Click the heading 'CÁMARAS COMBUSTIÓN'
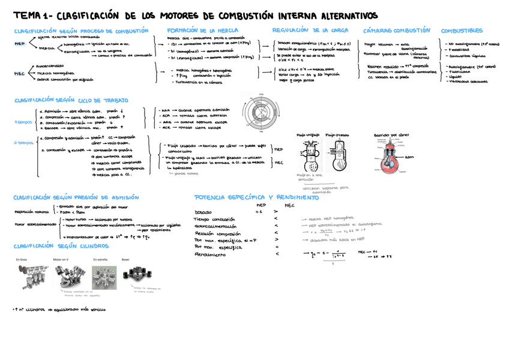(397, 30)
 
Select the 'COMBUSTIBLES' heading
(462, 30)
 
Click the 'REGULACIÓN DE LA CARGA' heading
(310, 30)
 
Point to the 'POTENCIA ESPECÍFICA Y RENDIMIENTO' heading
(248, 197)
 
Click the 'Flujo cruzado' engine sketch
(337, 155)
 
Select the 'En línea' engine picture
(29, 278)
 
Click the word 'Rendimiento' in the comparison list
(207, 254)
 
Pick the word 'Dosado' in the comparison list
(203, 212)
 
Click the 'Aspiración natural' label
(32, 212)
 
